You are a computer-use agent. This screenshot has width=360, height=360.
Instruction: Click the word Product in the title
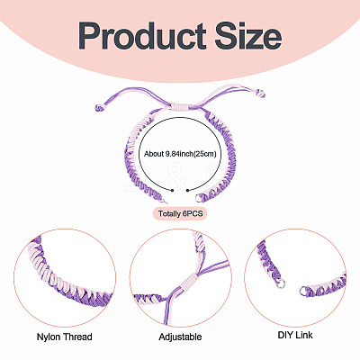point(142,36)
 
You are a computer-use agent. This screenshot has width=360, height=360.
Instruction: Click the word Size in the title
point(248,36)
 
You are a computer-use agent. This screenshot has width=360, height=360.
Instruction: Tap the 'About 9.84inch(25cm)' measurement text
point(180,154)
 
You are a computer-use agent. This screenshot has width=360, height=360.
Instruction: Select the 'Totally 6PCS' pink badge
point(180,214)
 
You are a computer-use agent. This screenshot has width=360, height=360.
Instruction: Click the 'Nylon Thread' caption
point(64,337)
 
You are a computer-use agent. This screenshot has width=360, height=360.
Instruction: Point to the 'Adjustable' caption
point(180,337)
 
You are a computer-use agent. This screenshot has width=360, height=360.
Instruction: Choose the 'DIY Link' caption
point(295,335)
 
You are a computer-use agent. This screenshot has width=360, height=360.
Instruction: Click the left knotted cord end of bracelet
point(99,108)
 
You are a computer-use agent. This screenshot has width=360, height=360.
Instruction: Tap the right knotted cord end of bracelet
point(262,94)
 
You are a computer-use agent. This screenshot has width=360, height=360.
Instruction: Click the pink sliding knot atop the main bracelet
point(179,107)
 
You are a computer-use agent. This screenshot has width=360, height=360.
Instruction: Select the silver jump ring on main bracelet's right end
point(199,198)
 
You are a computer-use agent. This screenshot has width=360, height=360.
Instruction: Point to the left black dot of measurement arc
point(172,190)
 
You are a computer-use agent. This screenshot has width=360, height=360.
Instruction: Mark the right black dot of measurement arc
point(187,190)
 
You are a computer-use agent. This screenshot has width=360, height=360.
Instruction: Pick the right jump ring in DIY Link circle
point(303,291)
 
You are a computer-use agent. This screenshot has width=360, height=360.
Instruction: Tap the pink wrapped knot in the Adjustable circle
point(187,282)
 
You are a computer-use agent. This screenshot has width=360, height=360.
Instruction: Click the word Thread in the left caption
point(76,337)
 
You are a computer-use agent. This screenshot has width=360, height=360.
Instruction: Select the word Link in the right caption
point(304,335)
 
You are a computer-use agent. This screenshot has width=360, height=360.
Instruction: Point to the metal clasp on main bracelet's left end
point(164,200)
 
